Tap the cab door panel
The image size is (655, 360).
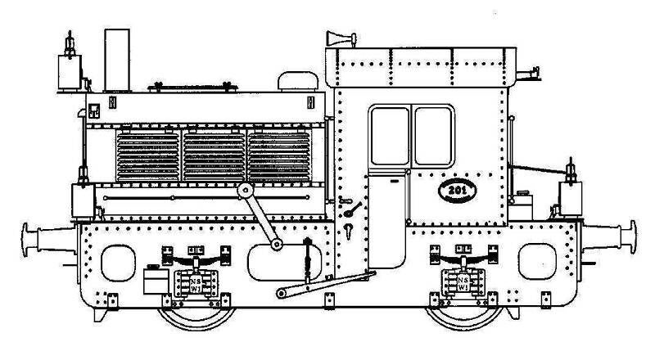pyautogui.click(x=386, y=221)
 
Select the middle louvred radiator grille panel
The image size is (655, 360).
pyautogui.click(x=213, y=158)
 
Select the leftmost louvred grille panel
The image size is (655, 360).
pyautogui.click(x=147, y=158)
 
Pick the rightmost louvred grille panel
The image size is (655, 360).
pyautogui.click(x=278, y=158)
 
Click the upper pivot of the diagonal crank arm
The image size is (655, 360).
pyautogui.click(x=244, y=190)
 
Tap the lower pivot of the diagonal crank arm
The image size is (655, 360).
pyautogui.click(x=278, y=244)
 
